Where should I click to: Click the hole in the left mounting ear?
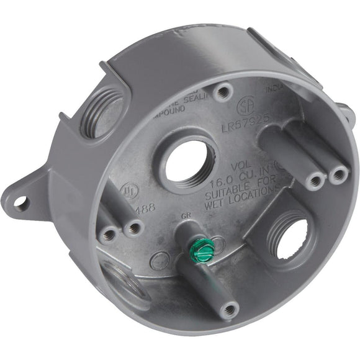tap(22, 202)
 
